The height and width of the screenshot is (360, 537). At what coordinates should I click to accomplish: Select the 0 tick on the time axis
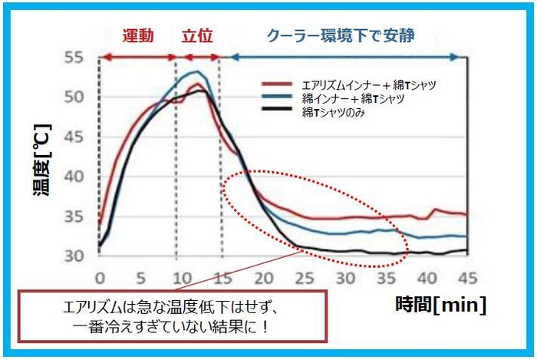pos(99,277)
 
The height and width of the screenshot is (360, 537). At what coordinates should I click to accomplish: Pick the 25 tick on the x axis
pos(304,277)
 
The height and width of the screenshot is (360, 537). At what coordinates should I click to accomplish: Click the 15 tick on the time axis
pos(221,277)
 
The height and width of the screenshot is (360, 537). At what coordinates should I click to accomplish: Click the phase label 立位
pos(197,35)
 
